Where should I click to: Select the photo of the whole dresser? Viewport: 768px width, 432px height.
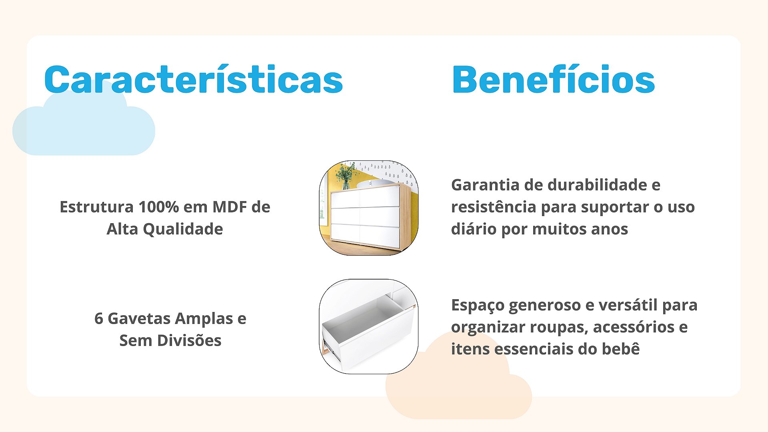point(368,208)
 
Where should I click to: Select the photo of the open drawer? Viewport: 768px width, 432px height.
point(368,326)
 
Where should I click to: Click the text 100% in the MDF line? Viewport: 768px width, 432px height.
point(158,207)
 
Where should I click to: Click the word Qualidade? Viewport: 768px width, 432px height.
point(183,229)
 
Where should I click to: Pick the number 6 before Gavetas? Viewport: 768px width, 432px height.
point(99,318)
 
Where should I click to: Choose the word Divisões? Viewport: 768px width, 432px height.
point(189,340)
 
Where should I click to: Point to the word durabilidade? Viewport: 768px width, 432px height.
point(597,185)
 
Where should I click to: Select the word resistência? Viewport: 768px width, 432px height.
point(493,207)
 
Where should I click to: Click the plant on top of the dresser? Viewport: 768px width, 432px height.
point(346,176)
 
